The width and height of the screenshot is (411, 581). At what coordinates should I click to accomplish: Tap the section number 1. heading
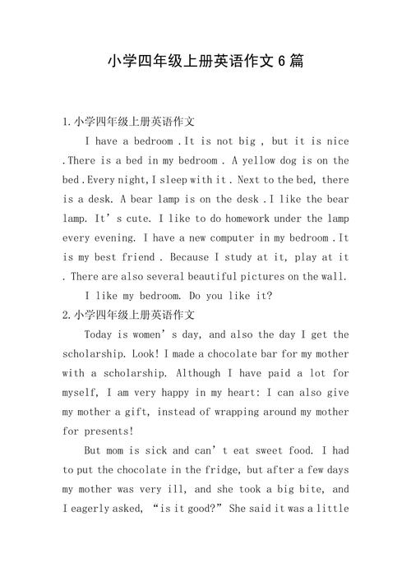pos(67,122)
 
